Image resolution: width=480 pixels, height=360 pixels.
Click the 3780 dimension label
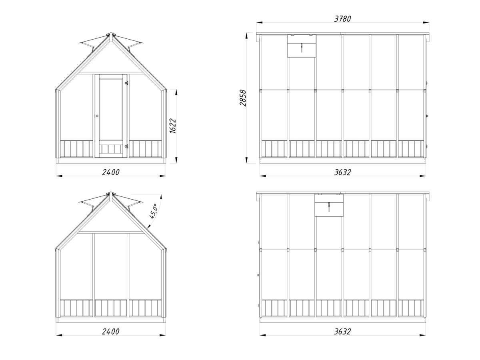click(x=342, y=19)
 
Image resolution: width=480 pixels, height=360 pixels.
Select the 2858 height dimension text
click(x=243, y=98)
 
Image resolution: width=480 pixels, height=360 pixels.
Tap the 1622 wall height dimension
click(x=172, y=126)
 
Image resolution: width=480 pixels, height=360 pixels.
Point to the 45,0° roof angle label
click(x=153, y=211)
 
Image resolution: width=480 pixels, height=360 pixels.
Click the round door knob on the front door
click(x=97, y=116)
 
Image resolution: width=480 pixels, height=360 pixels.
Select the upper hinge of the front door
click(x=126, y=83)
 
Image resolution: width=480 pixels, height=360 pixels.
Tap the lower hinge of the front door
click(x=126, y=146)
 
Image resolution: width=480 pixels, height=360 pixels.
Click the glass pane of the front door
click(x=111, y=110)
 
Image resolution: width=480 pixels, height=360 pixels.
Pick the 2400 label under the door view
click(x=111, y=172)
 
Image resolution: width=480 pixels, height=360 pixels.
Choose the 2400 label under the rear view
click(x=111, y=331)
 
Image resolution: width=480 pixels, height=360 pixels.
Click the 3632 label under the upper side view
click(x=342, y=172)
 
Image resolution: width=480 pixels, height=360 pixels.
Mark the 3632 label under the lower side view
click(x=342, y=331)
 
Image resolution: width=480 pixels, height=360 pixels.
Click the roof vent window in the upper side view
click(x=302, y=46)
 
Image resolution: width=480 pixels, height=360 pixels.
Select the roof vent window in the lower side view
click(x=329, y=205)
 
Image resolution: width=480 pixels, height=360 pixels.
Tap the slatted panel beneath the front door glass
click(x=111, y=149)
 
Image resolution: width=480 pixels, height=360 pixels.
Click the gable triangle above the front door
click(x=110, y=57)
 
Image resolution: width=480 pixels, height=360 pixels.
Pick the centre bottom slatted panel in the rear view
click(x=111, y=308)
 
